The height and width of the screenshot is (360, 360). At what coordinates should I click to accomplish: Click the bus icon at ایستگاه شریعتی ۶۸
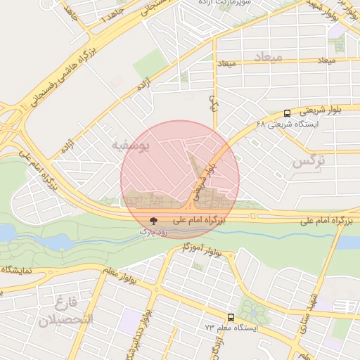287,112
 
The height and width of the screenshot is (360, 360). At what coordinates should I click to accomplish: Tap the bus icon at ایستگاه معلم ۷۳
231,317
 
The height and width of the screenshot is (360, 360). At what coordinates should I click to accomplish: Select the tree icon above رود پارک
154,221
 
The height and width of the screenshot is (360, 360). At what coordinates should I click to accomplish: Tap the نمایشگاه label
21,269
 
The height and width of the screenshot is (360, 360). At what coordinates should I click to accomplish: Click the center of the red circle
180,179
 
